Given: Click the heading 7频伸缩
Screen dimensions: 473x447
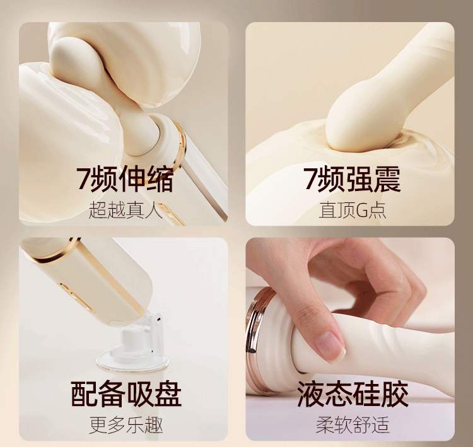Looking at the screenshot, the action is coord(126,179).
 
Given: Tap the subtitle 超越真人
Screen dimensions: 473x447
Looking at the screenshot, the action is coord(126,210).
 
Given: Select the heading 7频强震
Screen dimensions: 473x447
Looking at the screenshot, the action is coord(352,179).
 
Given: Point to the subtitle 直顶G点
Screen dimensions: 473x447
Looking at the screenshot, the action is coord(353,210).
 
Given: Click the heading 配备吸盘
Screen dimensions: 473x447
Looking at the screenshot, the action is coord(126,394).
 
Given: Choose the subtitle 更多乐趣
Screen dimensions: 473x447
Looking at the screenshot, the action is coord(126,425).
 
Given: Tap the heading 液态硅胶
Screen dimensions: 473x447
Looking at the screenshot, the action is coord(353,394).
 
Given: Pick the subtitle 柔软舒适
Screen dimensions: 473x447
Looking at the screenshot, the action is coord(353,425).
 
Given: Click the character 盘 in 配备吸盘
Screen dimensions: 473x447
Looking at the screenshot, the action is coord(168,394).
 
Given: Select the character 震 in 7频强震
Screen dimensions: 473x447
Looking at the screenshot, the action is coord(388,179).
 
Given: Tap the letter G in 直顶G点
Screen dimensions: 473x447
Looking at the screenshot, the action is coord(361,211).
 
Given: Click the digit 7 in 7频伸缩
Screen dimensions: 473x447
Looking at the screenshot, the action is coord(83,179).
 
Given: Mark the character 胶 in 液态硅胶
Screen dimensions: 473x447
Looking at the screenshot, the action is coord(395,394).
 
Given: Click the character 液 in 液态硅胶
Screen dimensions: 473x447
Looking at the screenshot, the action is coord(311,394).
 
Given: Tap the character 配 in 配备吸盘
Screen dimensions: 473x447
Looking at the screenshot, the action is coord(85,394).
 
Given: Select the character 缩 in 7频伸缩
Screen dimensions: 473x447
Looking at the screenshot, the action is coord(161,179).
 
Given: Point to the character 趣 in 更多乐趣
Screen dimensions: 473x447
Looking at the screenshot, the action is coord(154,425).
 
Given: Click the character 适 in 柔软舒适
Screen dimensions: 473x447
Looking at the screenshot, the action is coord(380,425).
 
